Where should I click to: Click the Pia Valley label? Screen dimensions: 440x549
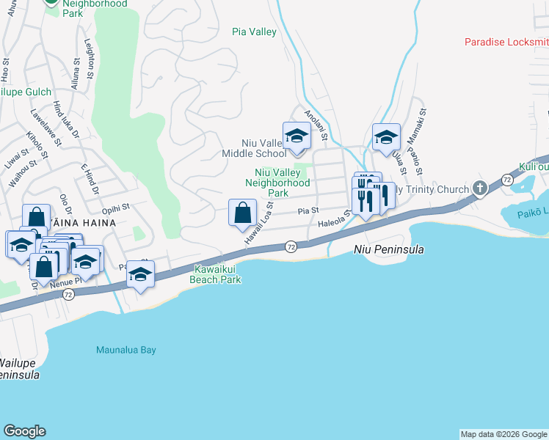254,32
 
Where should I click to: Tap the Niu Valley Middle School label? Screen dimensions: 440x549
254,149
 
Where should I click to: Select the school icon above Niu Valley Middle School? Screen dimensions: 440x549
297,136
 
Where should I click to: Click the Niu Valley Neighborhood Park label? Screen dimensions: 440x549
277,182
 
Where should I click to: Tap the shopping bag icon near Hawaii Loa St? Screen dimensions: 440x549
242,213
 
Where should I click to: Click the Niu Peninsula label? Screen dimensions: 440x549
389,249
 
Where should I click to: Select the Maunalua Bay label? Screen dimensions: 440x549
126,351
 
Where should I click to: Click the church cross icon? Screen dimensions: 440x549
480,189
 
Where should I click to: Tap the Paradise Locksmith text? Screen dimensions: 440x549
506,42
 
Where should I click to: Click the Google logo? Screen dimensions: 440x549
24,431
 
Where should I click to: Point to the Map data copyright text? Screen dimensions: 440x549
503,434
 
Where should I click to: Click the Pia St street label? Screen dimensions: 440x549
308,210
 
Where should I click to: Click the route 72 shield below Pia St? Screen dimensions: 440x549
291,246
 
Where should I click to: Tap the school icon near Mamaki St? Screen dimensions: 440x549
386,137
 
